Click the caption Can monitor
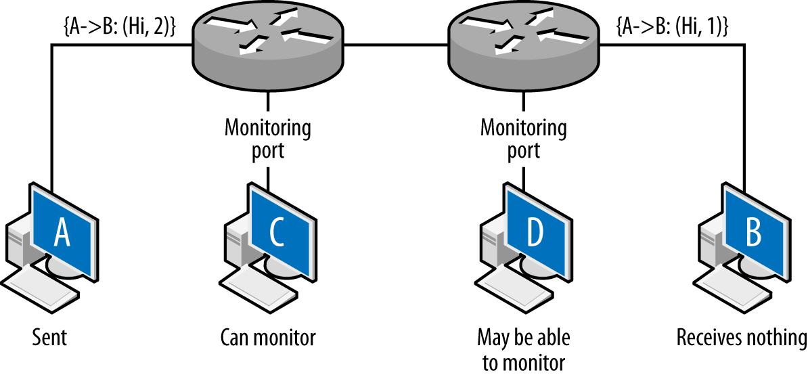268,336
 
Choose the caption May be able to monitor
523,349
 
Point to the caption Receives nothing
742,336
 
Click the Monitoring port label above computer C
268,138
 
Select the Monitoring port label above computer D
523,138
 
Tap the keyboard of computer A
41,288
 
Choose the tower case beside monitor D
493,247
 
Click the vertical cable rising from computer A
52,115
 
